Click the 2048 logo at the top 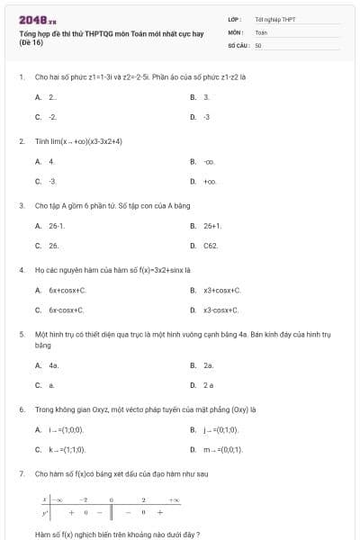[32, 19]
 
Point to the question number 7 [21, 472]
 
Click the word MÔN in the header [235, 31]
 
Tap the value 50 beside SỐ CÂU [258, 43]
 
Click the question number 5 [21, 334]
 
